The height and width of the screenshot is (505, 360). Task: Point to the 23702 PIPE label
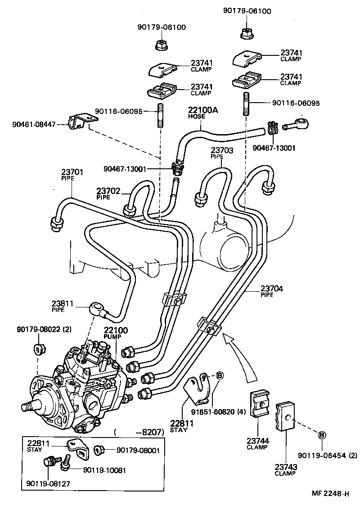[x=108, y=193]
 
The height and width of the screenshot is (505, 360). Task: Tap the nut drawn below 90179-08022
[x=38, y=350]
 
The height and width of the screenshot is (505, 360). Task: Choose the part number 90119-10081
[x=104, y=470]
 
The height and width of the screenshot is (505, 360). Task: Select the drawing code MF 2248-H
[x=330, y=494]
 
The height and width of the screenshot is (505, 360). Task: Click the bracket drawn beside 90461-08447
[x=81, y=122]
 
